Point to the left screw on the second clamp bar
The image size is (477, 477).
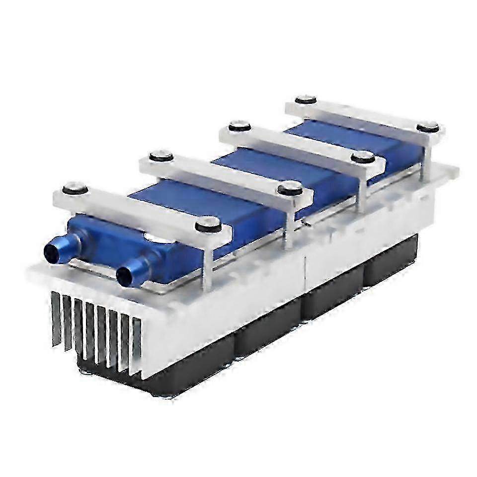pyautogui.click(x=161, y=156)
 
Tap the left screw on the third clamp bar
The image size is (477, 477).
pyautogui.click(x=239, y=126)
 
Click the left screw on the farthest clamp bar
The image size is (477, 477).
pyautogui.click(x=306, y=100)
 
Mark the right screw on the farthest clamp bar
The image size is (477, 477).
pyautogui.click(x=427, y=127)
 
